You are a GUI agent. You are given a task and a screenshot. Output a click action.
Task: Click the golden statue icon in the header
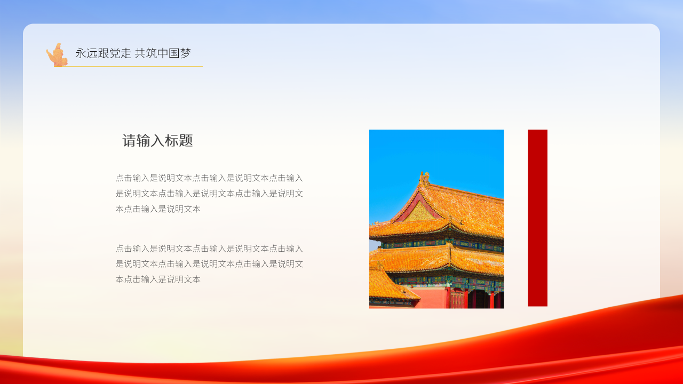point(57,55)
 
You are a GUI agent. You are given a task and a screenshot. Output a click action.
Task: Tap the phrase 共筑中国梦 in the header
point(163,53)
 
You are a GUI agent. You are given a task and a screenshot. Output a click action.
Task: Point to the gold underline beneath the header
point(133,67)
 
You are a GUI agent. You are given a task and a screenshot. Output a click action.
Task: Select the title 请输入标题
point(157,141)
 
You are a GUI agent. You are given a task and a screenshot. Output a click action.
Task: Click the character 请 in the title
point(130,141)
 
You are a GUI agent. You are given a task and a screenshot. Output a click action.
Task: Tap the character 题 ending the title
point(186,141)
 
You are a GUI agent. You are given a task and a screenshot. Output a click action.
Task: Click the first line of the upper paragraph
point(209,178)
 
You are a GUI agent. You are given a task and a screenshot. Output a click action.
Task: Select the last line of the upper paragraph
point(158,209)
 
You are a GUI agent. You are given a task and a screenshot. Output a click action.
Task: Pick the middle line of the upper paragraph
point(209,194)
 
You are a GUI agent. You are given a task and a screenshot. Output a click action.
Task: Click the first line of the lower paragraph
point(209,249)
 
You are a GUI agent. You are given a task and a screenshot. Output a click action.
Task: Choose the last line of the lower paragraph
point(158,279)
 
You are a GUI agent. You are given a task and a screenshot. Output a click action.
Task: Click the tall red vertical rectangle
point(537,218)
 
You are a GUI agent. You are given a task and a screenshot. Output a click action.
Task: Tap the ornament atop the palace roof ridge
point(424,178)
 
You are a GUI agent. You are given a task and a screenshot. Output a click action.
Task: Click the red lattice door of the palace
point(457,299)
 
